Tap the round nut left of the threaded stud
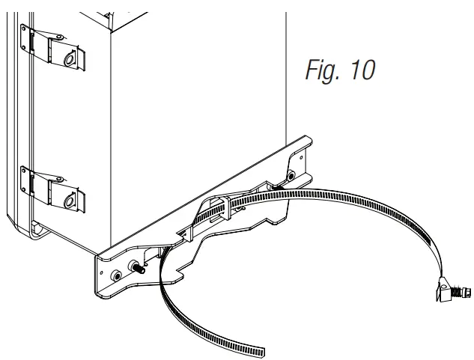pos(117,276)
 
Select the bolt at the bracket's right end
pos(292,175)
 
